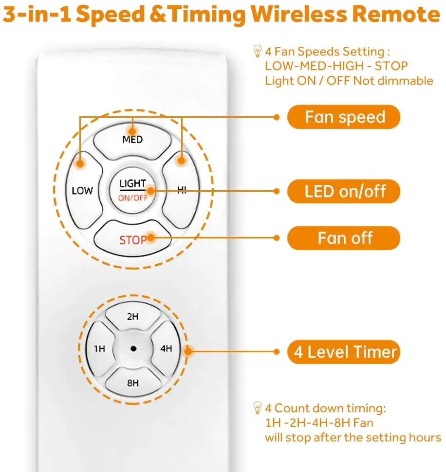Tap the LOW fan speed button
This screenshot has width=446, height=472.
click(82, 190)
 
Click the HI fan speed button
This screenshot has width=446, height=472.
click(181, 190)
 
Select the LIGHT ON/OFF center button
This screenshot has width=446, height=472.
click(132, 190)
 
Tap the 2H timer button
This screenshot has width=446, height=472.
click(132, 317)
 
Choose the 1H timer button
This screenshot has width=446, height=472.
click(99, 349)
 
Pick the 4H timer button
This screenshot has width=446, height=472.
click(166, 349)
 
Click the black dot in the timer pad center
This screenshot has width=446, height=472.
click(132, 349)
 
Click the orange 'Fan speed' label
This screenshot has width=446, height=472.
click(344, 117)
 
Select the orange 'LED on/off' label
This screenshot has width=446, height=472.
click(344, 191)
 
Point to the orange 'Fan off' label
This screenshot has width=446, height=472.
click(344, 238)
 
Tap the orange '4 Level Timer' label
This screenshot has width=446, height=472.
click(344, 351)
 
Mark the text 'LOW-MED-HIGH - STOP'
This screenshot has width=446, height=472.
click(336, 66)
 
